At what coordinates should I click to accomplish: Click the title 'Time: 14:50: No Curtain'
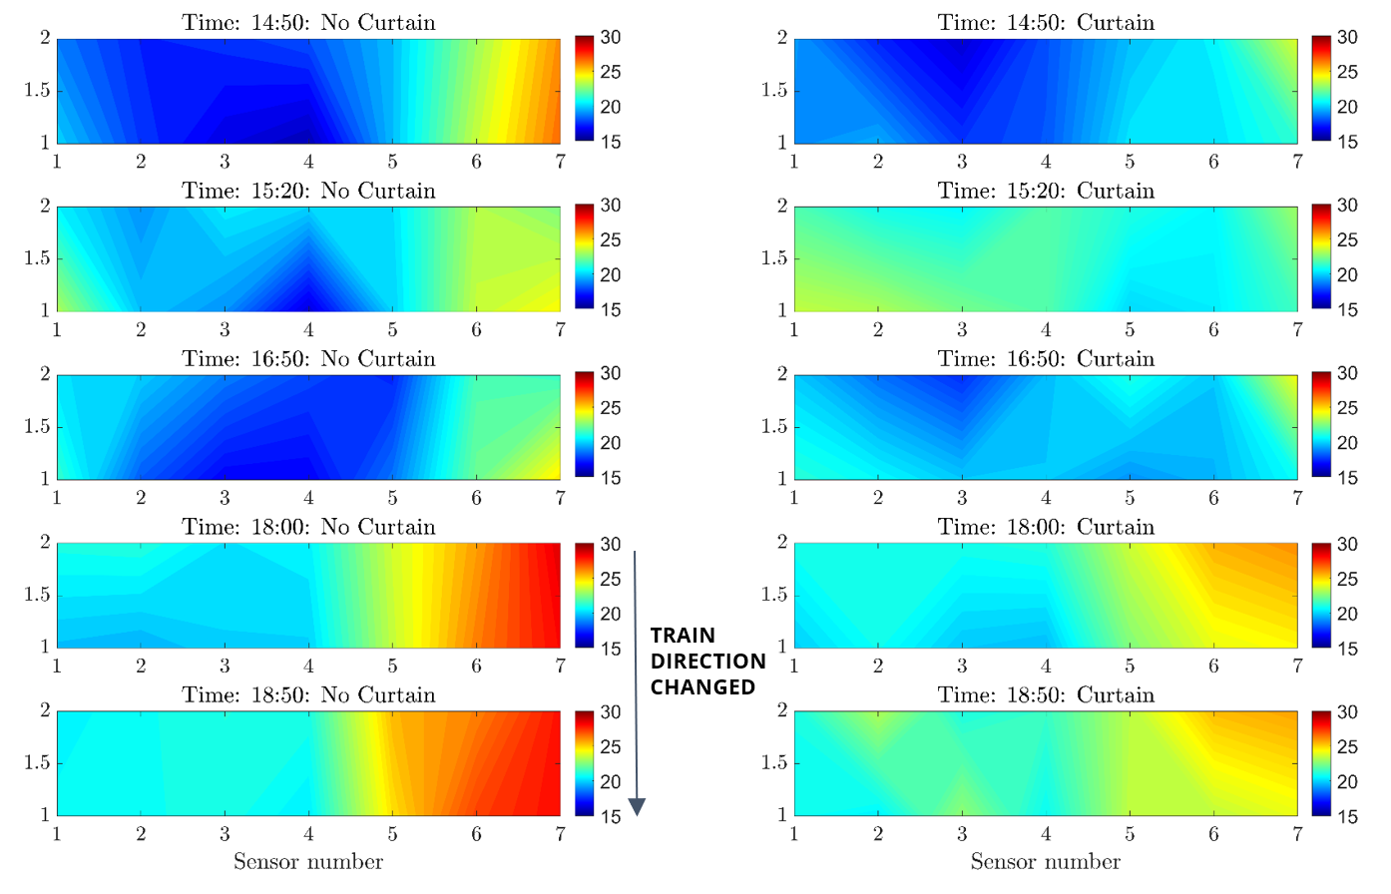coord(308,22)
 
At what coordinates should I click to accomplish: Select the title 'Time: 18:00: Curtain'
coord(1046,527)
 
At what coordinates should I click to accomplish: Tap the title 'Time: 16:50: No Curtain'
coord(308,359)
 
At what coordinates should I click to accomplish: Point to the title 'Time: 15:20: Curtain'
coord(1046,191)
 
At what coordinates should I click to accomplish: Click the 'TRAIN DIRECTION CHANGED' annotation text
coord(706,662)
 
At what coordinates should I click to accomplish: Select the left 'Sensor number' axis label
coord(308,862)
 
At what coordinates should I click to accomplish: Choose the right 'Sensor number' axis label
coord(1046,862)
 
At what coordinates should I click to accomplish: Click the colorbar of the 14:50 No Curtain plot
coord(584,90)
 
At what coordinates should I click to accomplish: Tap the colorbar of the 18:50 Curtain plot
coord(1321,763)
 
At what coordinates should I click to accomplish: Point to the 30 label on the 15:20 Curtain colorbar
coord(1347,206)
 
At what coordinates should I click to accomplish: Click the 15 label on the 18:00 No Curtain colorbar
coord(611,649)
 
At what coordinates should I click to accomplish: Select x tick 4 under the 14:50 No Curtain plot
coord(308,162)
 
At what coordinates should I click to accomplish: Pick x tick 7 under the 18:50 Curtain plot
coord(1297,833)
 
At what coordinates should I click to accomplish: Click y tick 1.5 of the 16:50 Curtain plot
coord(774,427)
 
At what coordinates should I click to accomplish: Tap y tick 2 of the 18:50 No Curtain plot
coord(45,710)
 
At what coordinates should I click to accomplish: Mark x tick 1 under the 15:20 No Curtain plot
coord(57,329)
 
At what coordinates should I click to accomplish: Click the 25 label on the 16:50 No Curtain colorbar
coord(611,408)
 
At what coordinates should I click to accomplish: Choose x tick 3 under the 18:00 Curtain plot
coord(962,666)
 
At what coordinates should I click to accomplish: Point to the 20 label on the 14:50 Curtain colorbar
coord(1347,107)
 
